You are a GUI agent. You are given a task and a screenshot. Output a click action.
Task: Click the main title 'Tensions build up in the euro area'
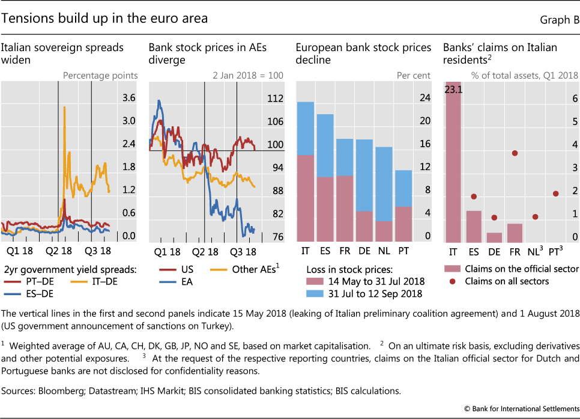(105, 19)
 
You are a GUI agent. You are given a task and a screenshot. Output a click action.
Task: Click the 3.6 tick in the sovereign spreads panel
(129, 98)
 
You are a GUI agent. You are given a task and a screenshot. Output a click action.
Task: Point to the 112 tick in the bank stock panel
(275, 99)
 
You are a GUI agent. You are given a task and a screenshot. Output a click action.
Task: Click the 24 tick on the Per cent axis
(424, 98)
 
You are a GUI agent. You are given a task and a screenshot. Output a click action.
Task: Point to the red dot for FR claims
(515, 153)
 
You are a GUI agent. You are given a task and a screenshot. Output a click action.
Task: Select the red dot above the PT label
(555, 194)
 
